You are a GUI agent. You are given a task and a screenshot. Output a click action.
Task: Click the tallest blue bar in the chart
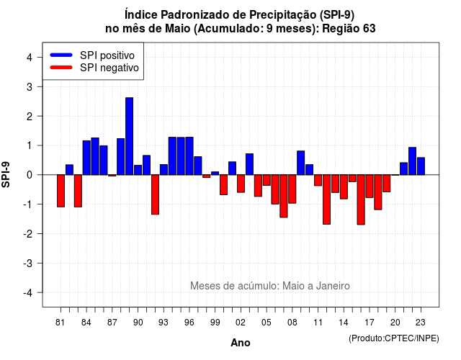(129, 136)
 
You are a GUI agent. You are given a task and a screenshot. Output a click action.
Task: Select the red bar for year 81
(61, 191)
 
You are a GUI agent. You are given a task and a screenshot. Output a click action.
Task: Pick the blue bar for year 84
(86, 158)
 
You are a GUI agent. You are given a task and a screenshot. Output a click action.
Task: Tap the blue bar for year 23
(421, 166)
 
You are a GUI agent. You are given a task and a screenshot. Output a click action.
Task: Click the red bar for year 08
(292, 189)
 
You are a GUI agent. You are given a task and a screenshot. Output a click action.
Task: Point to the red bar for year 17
(370, 186)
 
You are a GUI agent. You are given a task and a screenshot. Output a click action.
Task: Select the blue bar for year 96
(189, 156)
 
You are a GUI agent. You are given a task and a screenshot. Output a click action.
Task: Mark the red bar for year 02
(241, 184)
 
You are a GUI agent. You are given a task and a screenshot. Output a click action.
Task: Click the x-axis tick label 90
(138, 323)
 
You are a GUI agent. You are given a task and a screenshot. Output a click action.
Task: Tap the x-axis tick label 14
(344, 323)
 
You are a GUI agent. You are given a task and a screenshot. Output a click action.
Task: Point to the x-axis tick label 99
(215, 323)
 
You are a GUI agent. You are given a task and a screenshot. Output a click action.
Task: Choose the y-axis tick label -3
(28, 264)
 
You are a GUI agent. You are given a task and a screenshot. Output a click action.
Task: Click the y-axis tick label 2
(30, 117)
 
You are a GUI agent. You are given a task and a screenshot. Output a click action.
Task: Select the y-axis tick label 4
(30, 58)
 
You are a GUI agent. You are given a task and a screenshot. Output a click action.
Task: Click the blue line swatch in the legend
(61, 55)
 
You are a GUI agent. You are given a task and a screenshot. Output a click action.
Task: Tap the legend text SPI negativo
(109, 68)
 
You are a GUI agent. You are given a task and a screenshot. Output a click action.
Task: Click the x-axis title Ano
(241, 343)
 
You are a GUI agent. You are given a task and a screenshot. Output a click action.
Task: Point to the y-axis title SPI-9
(6, 174)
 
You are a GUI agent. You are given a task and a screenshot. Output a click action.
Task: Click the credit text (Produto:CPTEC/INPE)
(394, 338)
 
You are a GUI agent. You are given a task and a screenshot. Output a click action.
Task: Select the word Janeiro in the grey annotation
(333, 286)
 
